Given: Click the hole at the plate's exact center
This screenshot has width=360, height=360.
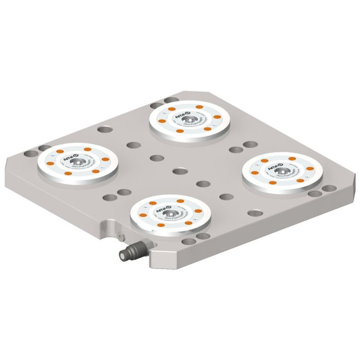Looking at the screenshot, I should pyautogui.click(x=179, y=170).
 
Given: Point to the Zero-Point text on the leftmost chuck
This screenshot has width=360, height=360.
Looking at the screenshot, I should pyautogui.click(x=85, y=168).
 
